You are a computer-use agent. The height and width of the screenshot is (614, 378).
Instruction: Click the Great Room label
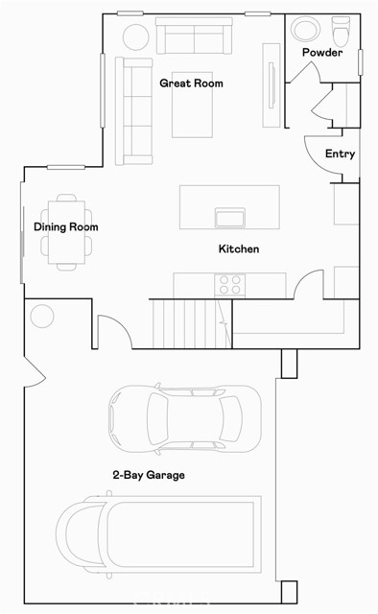pos(191,83)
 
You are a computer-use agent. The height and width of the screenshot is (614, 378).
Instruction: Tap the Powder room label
pos(321,53)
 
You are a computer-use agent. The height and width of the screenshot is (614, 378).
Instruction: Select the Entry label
pos(340,153)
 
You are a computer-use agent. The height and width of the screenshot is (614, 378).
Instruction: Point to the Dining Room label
pos(66,227)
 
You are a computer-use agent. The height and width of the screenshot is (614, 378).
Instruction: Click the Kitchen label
pos(239,249)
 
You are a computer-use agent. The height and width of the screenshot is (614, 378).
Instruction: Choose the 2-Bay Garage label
pos(148,475)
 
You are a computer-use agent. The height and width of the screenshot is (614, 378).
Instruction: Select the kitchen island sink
pos(228,217)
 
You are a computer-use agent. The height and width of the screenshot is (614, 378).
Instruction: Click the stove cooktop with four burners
pos(230,284)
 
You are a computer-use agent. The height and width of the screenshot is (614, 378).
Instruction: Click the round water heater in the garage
pos(42,316)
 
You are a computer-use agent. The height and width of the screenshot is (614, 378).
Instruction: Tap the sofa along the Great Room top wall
pos(195,37)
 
